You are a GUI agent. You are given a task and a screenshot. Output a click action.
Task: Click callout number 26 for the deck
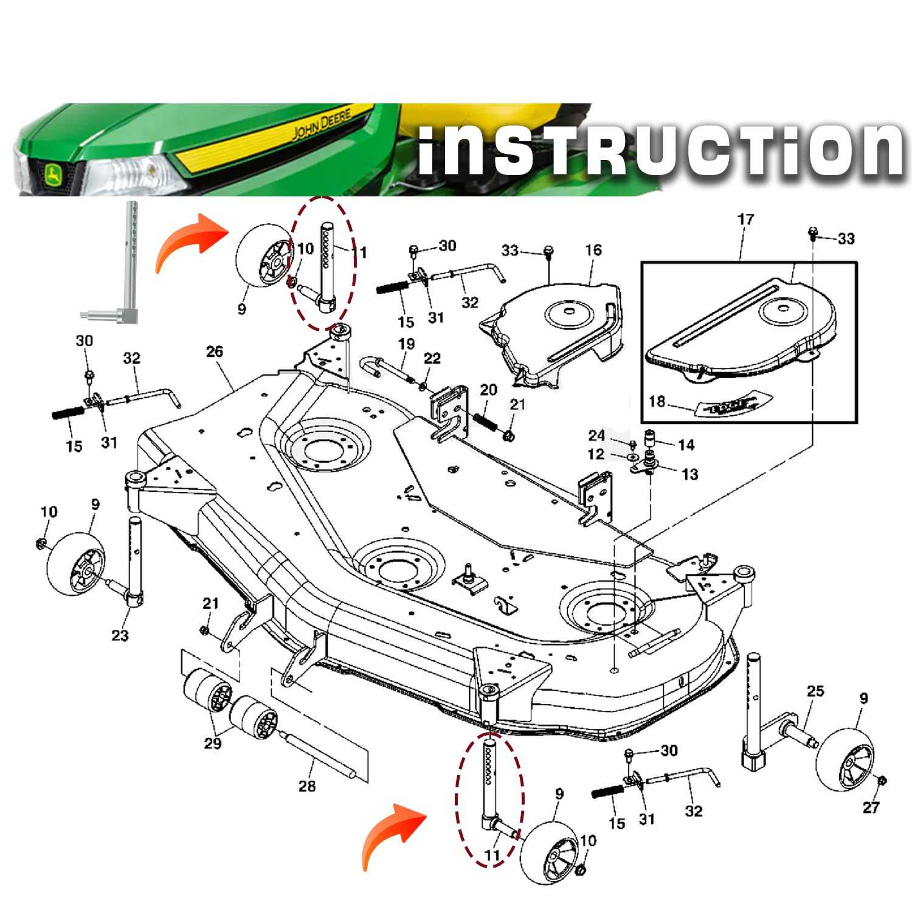(215, 351)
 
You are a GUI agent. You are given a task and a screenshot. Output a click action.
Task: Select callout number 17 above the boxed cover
(745, 219)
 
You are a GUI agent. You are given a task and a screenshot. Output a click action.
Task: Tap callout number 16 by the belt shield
(593, 250)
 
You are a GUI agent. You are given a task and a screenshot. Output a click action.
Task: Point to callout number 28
(307, 786)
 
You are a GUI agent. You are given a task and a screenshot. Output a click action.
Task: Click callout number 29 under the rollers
(212, 743)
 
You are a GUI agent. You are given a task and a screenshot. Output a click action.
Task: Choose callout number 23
(120, 635)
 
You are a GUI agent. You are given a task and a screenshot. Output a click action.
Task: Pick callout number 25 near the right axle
(815, 691)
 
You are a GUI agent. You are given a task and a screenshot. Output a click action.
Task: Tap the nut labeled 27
(883, 781)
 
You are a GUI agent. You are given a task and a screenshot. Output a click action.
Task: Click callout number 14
(686, 445)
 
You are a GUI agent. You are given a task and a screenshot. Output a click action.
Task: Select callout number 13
(689, 474)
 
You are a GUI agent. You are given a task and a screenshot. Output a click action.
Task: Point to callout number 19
(406, 345)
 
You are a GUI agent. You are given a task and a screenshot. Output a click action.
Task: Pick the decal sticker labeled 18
(727, 406)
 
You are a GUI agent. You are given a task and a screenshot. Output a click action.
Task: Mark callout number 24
(596, 435)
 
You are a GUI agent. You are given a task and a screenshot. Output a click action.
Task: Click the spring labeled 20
(485, 420)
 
